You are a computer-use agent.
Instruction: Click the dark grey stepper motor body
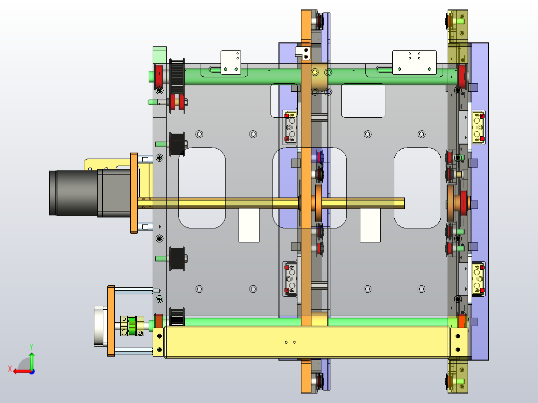tap(90, 193)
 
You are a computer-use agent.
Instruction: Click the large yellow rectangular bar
tap(307, 342)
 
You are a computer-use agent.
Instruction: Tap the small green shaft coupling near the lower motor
tap(132, 326)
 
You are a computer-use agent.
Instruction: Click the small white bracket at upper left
tap(231, 62)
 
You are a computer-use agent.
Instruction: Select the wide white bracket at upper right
tap(414, 62)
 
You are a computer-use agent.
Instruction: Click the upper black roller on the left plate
tap(177, 144)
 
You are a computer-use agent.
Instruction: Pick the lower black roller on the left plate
tap(177, 258)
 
